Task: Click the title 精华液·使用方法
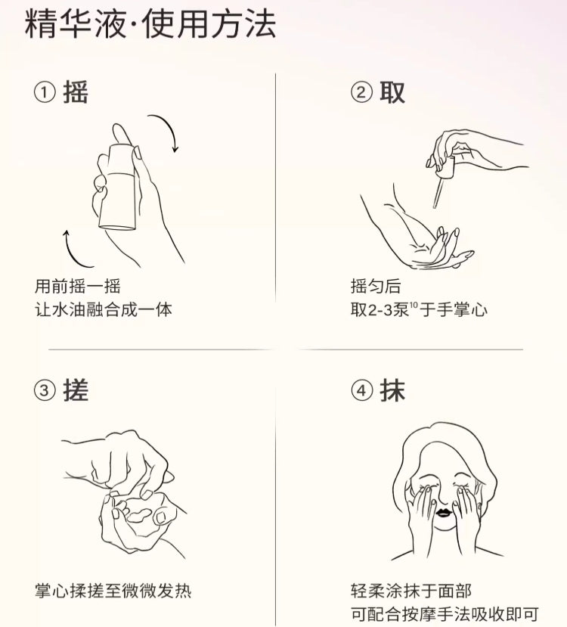(x=150, y=24)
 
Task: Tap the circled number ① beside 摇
(x=45, y=92)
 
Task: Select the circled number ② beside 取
(x=361, y=92)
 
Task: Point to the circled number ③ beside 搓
(x=45, y=390)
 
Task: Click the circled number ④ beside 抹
(x=361, y=390)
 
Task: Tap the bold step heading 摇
(x=76, y=92)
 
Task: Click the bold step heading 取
(x=392, y=92)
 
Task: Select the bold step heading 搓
(x=76, y=390)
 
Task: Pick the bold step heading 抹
(x=392, y=390)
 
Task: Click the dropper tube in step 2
(x=438, y=193)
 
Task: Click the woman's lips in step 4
(x=444, y=512)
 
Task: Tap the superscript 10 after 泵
(x=414, y=305)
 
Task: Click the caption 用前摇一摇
(x=78, y=287)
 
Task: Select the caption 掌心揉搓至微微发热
(x=113, y=591)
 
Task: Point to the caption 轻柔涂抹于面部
(x=411, y=591)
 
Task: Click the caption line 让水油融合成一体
(x=104, y=310)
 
